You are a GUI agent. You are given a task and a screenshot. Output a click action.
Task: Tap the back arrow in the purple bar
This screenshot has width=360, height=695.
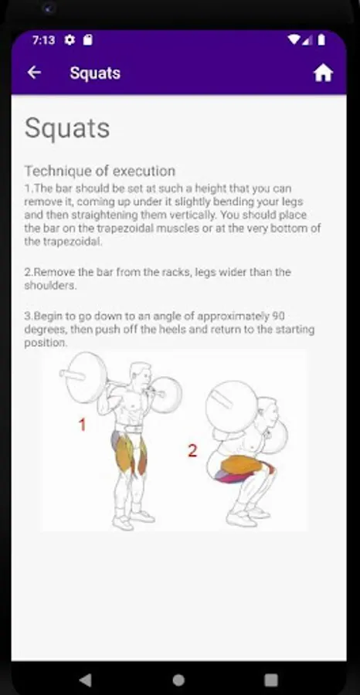point(34,73)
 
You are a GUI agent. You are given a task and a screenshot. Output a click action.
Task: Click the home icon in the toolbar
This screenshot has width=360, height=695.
point(323,73)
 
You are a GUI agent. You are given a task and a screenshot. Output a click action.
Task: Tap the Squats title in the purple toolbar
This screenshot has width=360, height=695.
point(95,73)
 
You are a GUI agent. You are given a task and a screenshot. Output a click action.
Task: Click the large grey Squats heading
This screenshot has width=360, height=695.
point(67,128)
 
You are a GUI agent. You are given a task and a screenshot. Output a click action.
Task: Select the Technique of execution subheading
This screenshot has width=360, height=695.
point(100,171)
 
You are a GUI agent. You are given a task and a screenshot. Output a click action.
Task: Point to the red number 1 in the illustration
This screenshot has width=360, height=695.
point(82,425)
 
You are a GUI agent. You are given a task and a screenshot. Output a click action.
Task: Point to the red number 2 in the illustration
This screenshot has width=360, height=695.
point(192,451)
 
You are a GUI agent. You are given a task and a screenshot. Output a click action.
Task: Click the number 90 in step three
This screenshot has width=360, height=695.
point(278,317)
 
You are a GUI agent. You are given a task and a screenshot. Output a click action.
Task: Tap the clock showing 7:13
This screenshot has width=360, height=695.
point(43,40)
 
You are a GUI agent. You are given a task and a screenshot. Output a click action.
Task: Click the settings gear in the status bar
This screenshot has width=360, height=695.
point(70,40)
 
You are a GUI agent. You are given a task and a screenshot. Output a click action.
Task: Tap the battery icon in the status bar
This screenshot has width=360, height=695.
point(321,40)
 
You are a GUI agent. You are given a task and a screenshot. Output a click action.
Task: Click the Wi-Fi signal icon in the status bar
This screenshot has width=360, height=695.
point(293,40)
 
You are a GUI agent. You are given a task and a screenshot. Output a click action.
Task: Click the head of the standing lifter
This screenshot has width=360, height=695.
point(141,375)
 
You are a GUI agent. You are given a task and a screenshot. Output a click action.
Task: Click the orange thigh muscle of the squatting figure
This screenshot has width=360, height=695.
point(242,466)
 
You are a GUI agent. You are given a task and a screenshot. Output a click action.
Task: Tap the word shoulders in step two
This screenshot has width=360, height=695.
point(49,286)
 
